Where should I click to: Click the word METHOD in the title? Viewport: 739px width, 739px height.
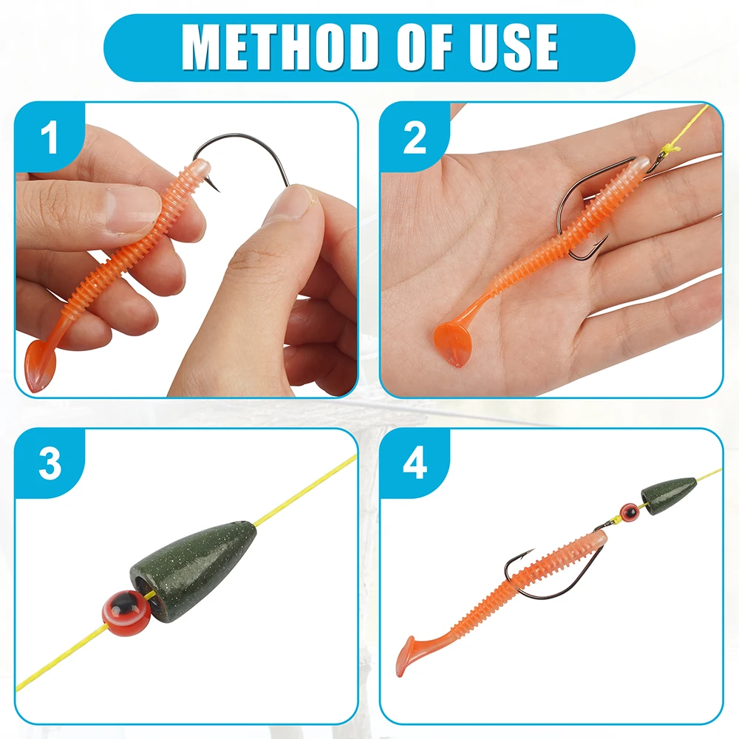[x=280, y=47]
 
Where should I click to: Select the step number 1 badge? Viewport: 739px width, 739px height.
[x=49, y=137]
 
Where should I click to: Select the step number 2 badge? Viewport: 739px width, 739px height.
[x=415, y=137]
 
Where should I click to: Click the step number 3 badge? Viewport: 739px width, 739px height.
[x=50, y=464]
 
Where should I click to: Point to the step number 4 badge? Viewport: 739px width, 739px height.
[x=415, y=464]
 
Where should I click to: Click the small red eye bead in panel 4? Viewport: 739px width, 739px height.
[x=629, y=512]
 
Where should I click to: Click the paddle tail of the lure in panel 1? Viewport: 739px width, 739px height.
[x=41, y=364]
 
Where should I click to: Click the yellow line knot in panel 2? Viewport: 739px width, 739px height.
[x=671, y=149]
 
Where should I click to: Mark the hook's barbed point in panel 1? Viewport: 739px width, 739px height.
[x=216, y=188]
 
